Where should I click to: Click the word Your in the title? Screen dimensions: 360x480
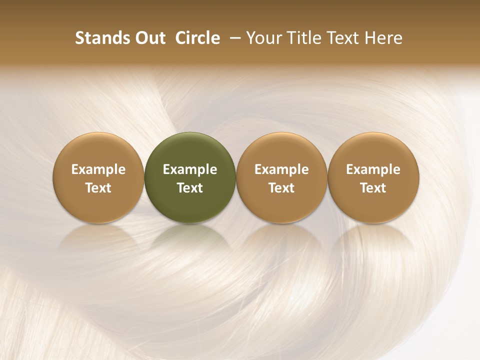pos(264,38)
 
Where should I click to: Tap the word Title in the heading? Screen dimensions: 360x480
pos(302,38)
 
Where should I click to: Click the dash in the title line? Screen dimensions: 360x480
pos(234,38)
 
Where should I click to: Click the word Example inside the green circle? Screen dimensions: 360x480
pos(190,169)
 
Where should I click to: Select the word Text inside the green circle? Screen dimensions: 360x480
pos(190,188)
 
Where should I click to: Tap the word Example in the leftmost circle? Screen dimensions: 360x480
pos(98,169)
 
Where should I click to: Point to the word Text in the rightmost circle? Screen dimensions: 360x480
pos(373,188)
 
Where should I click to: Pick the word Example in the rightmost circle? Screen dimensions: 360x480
pos(373,169)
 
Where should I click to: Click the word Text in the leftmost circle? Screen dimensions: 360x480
pos(98,188)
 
